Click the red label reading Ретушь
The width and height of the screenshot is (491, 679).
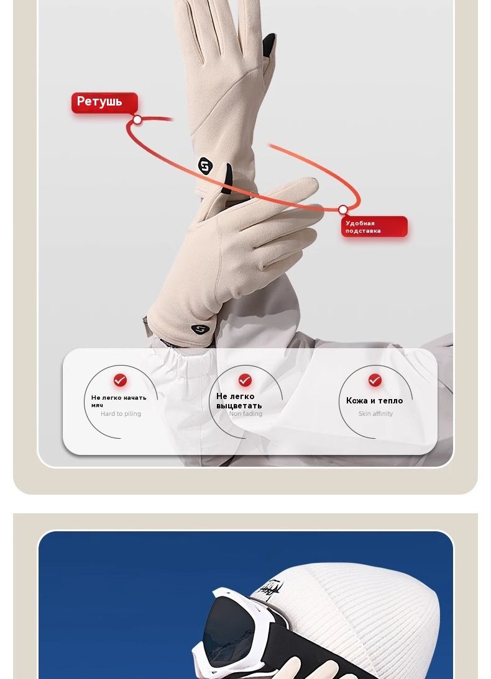tap(104, 102)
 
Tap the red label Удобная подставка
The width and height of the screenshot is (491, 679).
tap(374, 227)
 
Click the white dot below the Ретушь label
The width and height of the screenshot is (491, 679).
tap(137, 120)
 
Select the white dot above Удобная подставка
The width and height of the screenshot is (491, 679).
tap(342, 210)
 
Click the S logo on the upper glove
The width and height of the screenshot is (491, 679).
tap(205, 166)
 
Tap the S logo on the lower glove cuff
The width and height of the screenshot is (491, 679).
tap(200, 330)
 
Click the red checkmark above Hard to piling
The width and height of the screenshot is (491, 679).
tap(120, 380)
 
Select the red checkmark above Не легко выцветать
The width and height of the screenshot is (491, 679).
tap(245, 380)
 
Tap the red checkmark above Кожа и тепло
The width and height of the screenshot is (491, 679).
tap(375, 380)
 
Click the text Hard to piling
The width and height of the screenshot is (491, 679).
tap(121, 413)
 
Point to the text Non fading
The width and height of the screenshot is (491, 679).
tap(245, 413)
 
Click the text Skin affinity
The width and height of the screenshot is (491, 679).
tap(375, 413)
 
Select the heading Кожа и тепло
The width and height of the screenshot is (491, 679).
tap(374, 400)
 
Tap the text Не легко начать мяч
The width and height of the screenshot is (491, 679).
tap(119, 401)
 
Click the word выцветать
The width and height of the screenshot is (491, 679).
tap(239, 406)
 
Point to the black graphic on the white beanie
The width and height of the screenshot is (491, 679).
tap(270, 590)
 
